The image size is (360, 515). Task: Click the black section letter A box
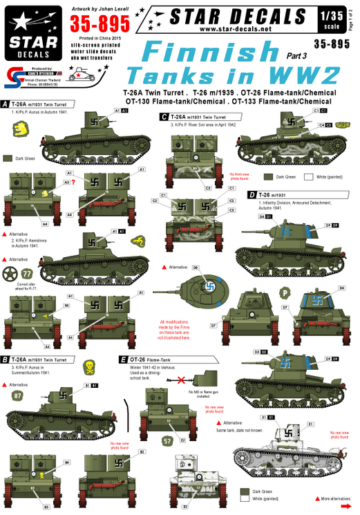(x=5, y=103)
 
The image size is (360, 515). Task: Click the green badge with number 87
(x=18, y=396)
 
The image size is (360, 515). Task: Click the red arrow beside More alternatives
(x=316, y=498)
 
